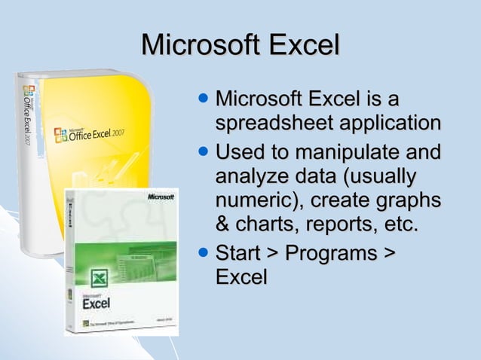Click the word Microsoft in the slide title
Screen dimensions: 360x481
pos(198,45)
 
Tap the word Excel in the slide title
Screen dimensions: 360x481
pos(302,45)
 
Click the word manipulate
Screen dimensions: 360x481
pos(348,154)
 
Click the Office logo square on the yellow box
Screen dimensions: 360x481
pos(60,136)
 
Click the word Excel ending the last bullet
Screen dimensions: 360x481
pos(241,276)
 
